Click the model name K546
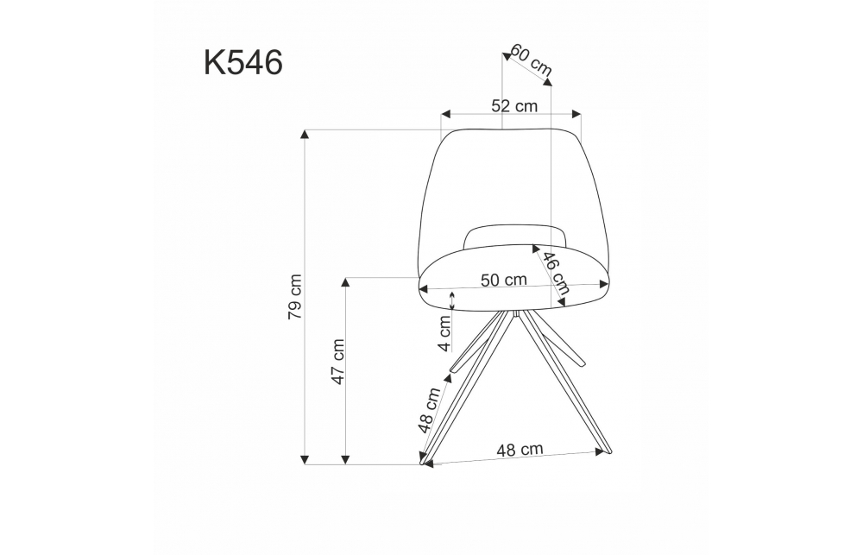pos(243,62)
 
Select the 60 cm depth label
pos(531,59)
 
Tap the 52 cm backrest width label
pos(514,105)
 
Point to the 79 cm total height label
pos(295,297)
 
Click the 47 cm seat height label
pos(337,362)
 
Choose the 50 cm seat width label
pos(504,281)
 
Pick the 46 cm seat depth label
pos(555,273)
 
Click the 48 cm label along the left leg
pos(429,410)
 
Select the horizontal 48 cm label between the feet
pos(520,450)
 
